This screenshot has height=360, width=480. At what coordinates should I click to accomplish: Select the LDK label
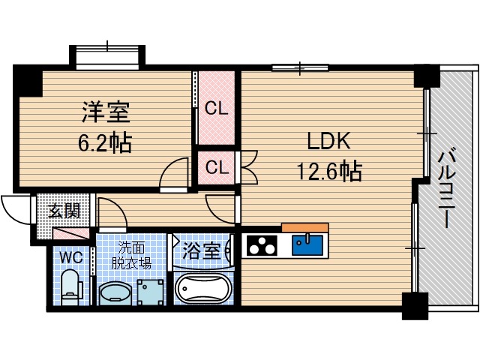[327, 142]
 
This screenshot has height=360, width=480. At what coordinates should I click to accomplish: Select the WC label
[72, 256]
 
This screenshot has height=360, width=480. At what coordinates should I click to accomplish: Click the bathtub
[204, 289]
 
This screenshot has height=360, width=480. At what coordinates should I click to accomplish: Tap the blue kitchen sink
[307, 244]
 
